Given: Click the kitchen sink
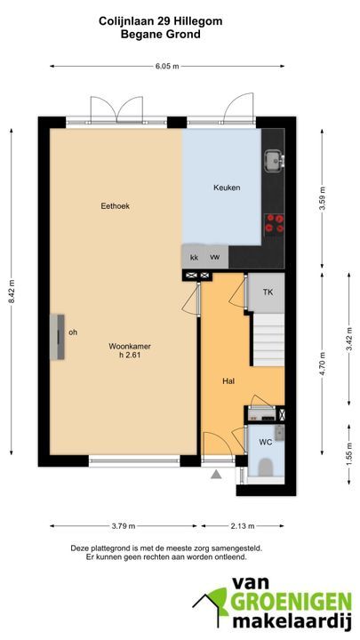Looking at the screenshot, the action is tap(274, 160).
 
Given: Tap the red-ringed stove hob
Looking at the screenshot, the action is tap(275, 223).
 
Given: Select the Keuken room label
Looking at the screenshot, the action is tap(227, 188).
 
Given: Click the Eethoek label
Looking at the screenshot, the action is tap(115, 206).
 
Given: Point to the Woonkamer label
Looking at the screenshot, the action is tap(130, 346).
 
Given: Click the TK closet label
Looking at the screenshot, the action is tap(268, 292).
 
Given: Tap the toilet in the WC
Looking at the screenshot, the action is tap(266, 467).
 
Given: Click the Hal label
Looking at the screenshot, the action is tap(228, 381).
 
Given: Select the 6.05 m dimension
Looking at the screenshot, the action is tap(167, 67).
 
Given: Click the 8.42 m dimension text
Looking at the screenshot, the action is tap(12, 291).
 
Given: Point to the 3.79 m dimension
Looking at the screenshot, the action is tap(124, 526).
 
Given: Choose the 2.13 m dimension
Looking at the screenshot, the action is tap(243, 526).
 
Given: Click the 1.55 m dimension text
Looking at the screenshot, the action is tap(349, 454).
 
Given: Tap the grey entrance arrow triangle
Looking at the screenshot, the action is tap(216, 475).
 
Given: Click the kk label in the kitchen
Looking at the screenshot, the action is tap(195, 258).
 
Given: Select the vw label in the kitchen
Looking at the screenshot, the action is tap(215, 257).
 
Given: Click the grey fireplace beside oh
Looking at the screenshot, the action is tap(58, 337).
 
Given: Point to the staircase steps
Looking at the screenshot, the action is tap(268, 340).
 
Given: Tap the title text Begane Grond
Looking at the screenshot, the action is tap(161, 35).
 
